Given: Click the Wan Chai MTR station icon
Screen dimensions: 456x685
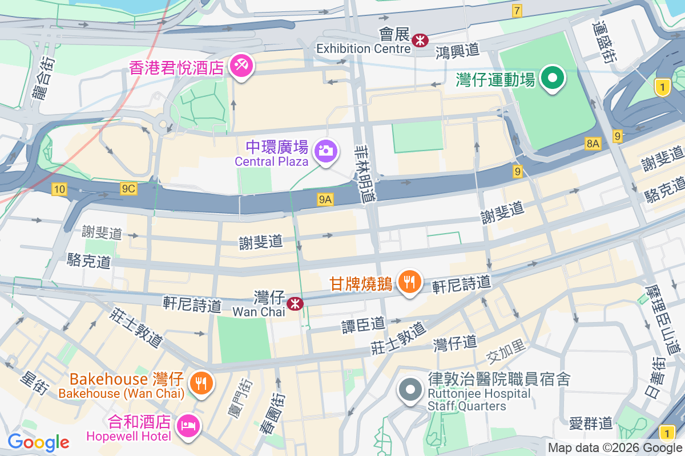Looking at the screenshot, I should (295, 303).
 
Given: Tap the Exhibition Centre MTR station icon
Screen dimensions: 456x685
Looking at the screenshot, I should (421, 40).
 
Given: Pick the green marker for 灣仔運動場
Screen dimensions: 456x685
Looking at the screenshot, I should (553, 78).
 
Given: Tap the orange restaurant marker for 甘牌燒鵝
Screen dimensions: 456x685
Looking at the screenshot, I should (409, 281).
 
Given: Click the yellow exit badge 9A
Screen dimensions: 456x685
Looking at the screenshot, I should (325, 199).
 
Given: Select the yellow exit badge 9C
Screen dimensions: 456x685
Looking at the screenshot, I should (128, 188).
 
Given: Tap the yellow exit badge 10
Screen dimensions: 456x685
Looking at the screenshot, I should (59, 189).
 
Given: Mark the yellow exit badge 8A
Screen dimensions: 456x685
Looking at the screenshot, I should (593, 144).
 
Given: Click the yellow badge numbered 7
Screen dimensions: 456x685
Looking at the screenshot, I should (517, 10).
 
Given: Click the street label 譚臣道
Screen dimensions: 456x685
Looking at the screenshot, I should (363, 325).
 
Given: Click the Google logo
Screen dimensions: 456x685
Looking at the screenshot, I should (38, 442).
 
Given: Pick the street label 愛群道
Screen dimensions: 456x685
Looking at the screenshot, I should (591, 423).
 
